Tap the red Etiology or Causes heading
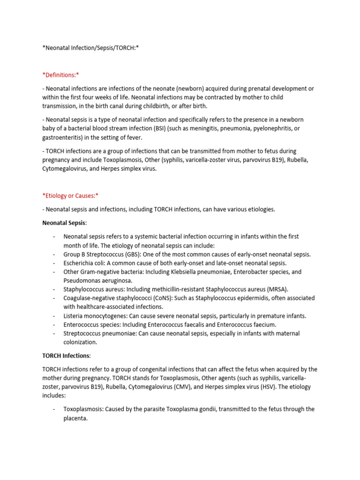tap(70, 195)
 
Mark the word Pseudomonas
tap(82, 280)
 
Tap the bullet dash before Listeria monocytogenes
tap(54, 316)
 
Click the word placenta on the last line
tap(75, 418)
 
